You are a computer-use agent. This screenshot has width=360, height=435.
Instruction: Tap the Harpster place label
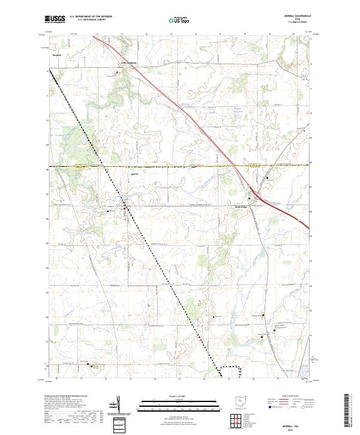click(x=58, y=55)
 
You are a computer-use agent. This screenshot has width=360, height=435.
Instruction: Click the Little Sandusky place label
click(x=130, y=62)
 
